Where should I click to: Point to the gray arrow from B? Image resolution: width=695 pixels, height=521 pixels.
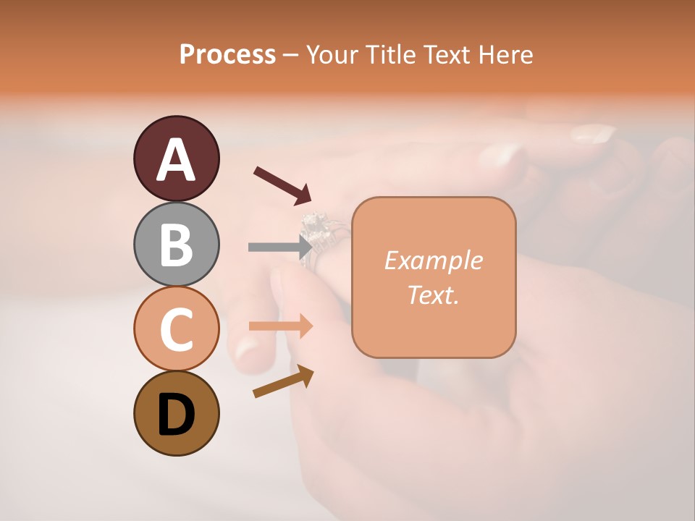279,247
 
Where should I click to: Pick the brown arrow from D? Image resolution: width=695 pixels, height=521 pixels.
283,381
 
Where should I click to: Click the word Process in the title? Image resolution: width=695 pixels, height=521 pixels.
227,54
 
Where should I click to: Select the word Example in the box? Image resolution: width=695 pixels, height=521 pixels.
433,260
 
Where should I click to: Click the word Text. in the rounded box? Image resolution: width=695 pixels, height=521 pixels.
433,295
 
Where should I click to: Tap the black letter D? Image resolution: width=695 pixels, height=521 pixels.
176,415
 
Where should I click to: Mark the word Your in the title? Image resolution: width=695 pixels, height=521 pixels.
333,54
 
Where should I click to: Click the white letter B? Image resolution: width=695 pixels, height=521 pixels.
176,245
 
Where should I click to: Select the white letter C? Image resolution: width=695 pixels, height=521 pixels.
176,329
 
